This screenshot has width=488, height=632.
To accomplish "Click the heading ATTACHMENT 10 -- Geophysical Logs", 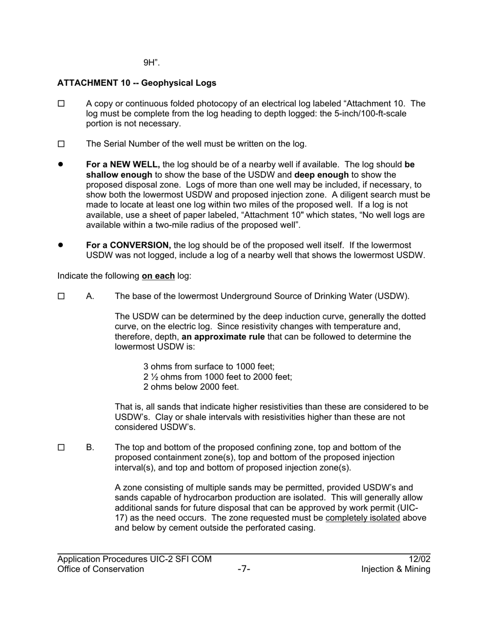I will tap(137, 83).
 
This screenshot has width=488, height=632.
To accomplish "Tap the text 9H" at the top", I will tap(152, 63).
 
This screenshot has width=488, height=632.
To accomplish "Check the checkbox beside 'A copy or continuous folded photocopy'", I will tap(61, 104).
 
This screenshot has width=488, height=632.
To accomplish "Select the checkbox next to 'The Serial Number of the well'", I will tap(61, 144).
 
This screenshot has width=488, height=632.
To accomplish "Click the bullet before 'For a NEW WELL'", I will tap(61, 164).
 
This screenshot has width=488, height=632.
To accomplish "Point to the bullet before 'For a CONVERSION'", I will tap(61, 245).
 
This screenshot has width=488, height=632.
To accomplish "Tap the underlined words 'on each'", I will tap(158, 276).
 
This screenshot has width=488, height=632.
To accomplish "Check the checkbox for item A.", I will tap(61, 296).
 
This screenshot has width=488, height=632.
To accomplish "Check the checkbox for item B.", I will tap(61, 448).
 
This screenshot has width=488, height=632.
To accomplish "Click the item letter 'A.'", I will tap(90, 296).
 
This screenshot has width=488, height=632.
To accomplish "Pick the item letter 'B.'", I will tap(90, 448).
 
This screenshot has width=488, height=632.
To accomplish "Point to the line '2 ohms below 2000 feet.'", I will tap(191, 387).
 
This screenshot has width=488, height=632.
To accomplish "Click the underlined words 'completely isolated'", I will tap(363, 518).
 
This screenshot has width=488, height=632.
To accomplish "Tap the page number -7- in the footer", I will tap(244, 569).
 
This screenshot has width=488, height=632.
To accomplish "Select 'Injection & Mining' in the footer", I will tap(396, 569).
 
